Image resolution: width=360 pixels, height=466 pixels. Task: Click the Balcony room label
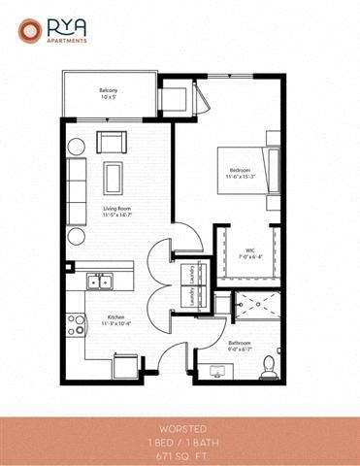point(107,93)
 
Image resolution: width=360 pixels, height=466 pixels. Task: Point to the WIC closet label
point(248,250)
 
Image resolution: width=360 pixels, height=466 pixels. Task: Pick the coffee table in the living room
point(115,178)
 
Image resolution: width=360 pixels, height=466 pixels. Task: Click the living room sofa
point(77,181)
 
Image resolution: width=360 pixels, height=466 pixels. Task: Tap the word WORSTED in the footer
point(180,428)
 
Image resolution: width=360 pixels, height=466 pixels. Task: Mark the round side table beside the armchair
point(77,146)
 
